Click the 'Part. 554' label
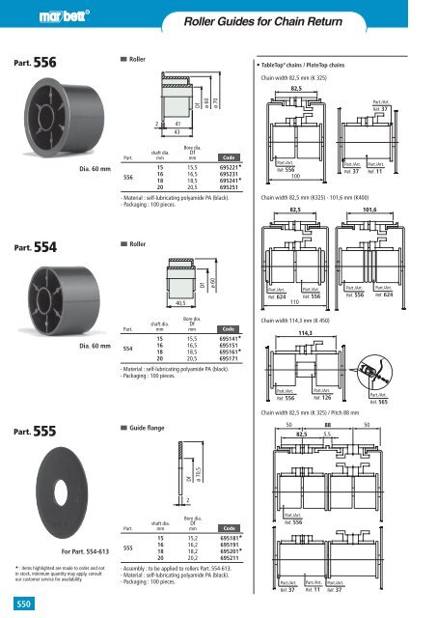tap(34, 245)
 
